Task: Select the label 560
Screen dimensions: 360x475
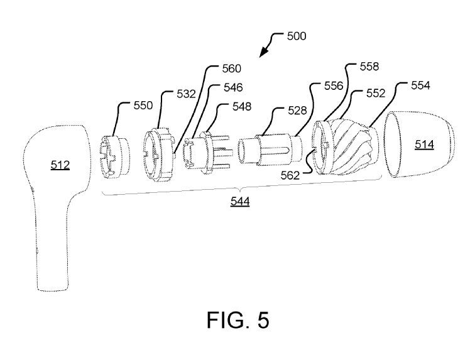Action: [x=231, y=68]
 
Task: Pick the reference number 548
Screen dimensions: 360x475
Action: [x=241, y=107]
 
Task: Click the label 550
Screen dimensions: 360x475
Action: [x=142, y=106]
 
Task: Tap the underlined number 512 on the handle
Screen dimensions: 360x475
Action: [x=60, y=165]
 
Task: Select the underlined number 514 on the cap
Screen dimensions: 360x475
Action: [x=423, y=145]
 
